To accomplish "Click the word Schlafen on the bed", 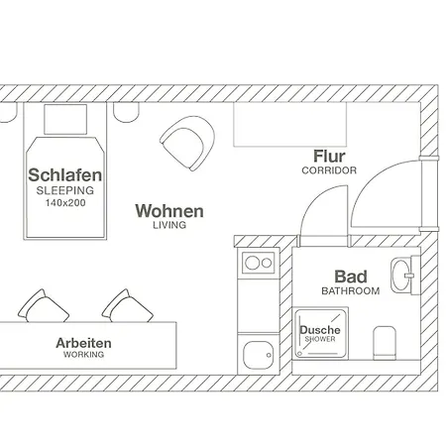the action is tap(65, 175).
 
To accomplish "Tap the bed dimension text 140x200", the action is tap(65, 203).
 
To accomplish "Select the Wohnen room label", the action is tap(169, 211).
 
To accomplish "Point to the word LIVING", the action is tap(169, 225).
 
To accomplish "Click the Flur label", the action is tap(329, 157).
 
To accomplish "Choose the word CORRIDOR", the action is tap(329, 170).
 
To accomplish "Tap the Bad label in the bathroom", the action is tap(351, 277).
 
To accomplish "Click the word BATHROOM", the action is tap(351, 291).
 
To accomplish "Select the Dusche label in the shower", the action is tap(320, 330).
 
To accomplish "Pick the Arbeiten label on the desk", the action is tap(83, 343).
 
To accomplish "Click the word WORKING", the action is tap(83, 355).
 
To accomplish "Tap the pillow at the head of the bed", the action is tap(65, 119).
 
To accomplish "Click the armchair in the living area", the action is tap(187, 143).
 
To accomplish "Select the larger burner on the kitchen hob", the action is tap(252, 263).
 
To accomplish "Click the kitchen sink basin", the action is tap(259, 355).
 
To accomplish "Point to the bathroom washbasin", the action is tap(401, 276).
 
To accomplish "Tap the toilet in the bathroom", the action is tap(385, 343).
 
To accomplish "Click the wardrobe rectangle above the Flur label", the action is tap(290, 124).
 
